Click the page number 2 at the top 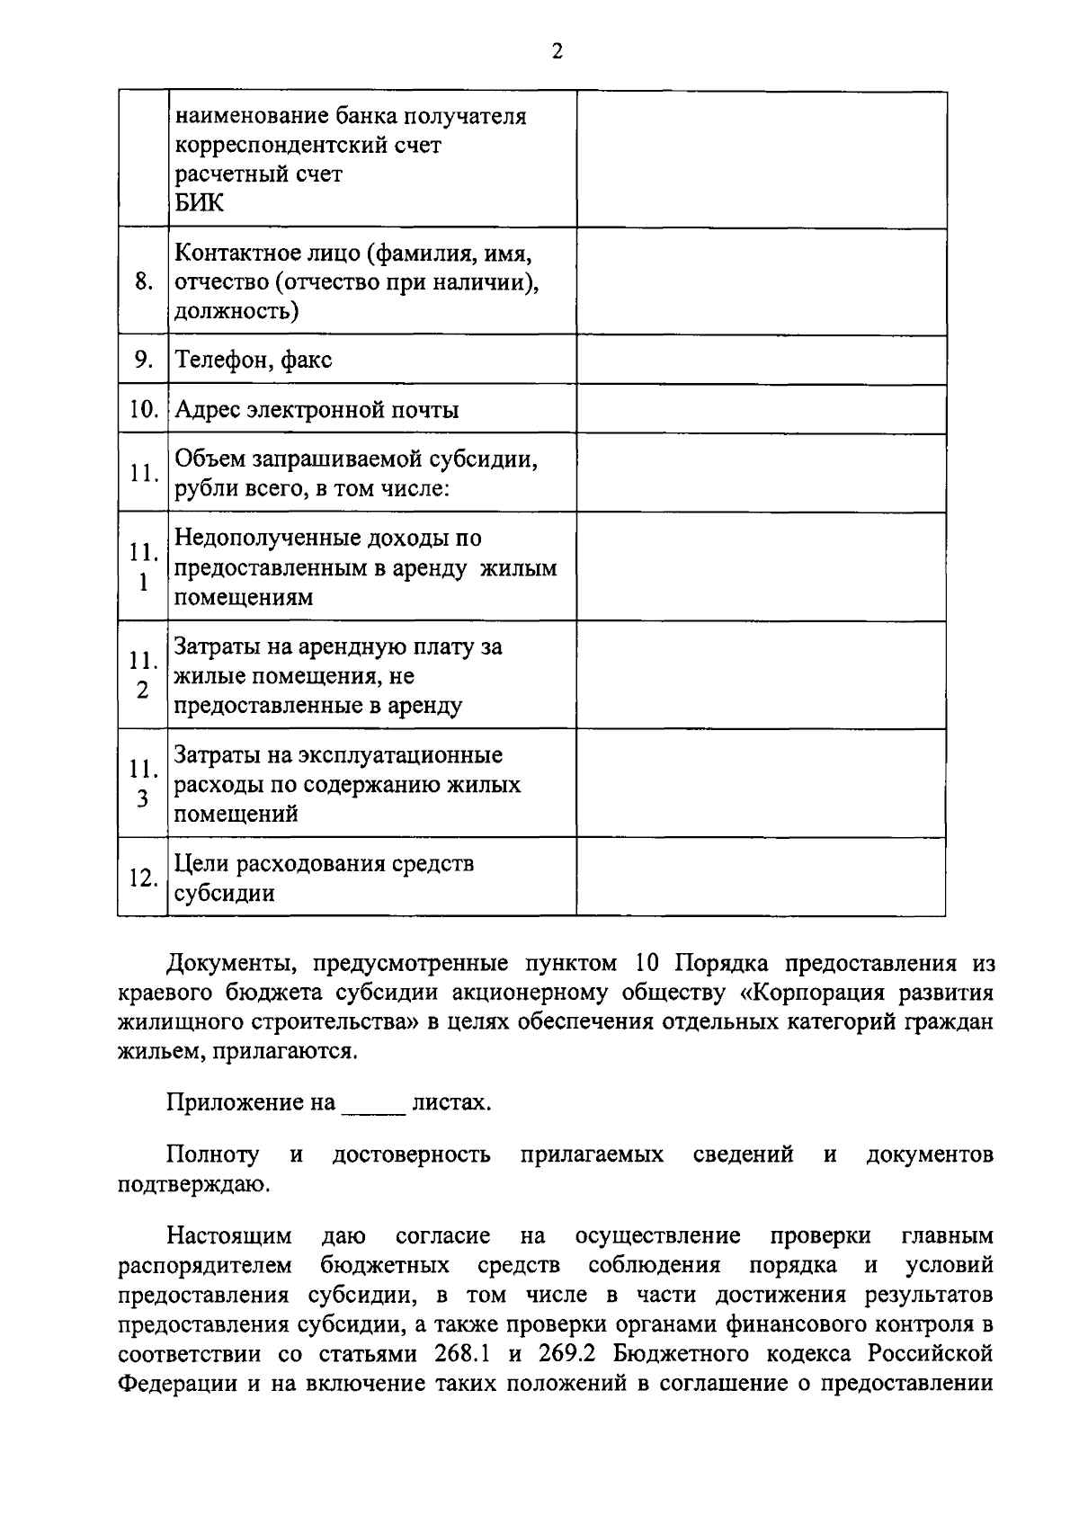coord(557,52)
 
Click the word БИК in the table coord(199,203)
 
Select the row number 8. coord(143,282)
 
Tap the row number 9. coord(143,360)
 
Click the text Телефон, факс coord(253,361)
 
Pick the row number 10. coord(143,410)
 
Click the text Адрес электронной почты coord(316,411)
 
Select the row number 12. coord(143,878)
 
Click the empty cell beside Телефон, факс coord(761,360)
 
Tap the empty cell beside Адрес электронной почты coord(761,409)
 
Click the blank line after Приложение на coord(372,1105)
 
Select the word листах coord(450,1103)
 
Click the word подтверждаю coord(192,1185)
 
